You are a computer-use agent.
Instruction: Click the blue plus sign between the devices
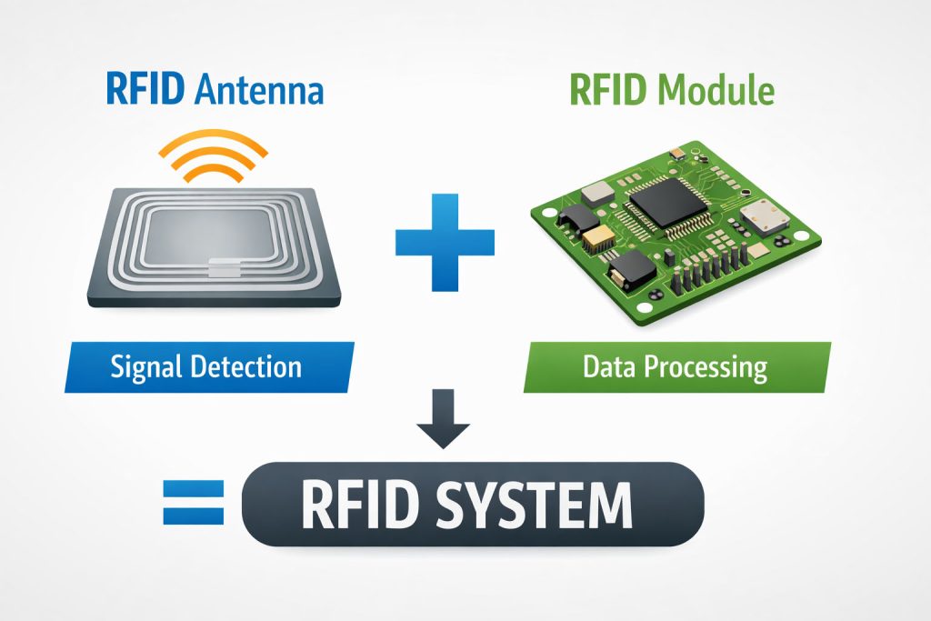point(445,242)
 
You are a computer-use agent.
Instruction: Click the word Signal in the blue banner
point(147,367)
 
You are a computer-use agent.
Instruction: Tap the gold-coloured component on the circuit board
point(601,240)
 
